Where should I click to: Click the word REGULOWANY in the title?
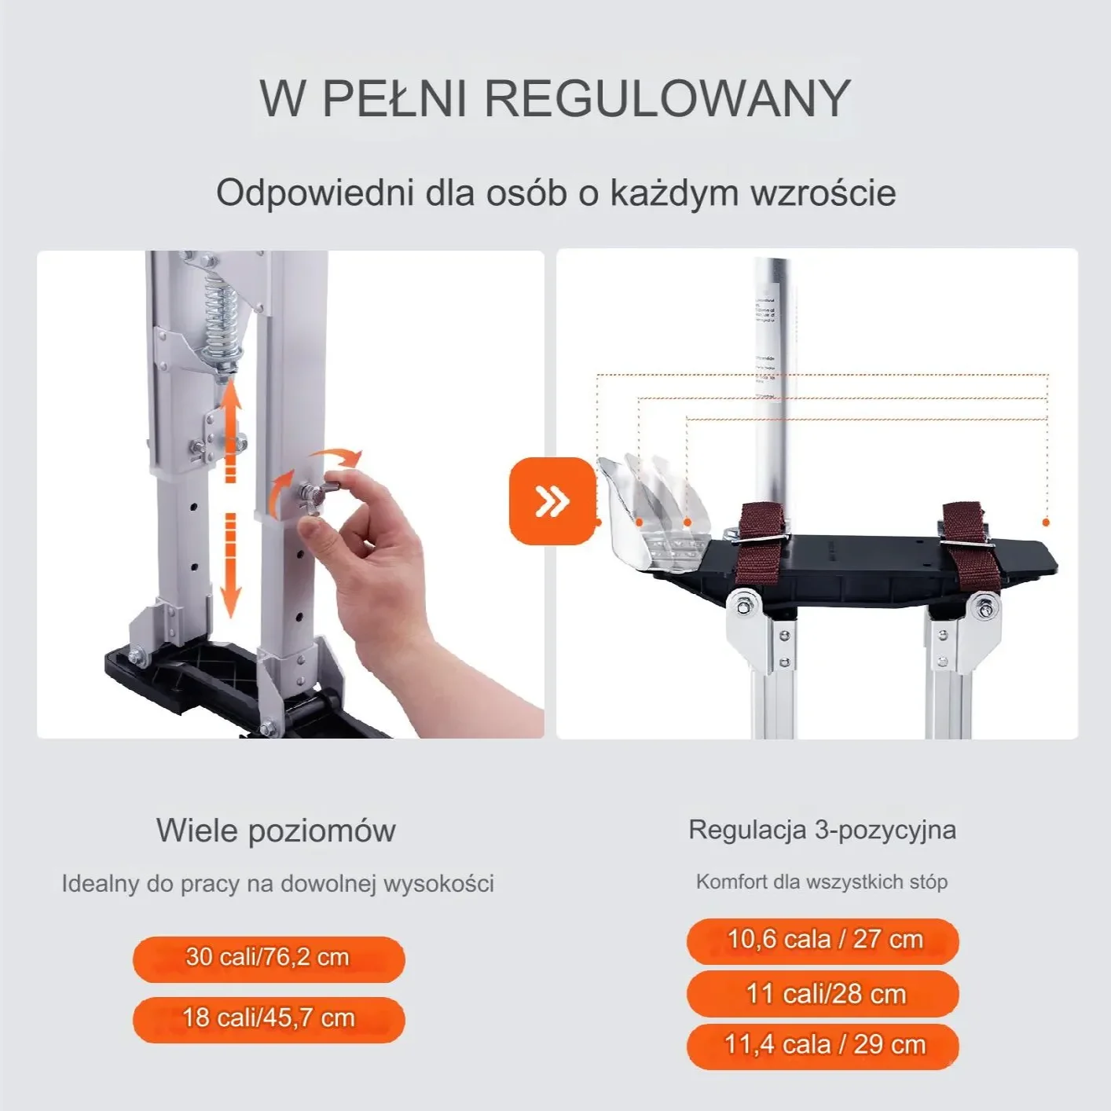[x=667, y=98]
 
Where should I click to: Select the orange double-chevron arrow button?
[x=552, y=500]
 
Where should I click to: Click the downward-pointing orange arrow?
[x=230, y=566]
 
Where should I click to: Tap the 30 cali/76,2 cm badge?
[x=268, y=958]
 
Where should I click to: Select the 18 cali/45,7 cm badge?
[x=268, y=1018]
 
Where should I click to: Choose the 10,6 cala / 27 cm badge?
[x=823, y=940]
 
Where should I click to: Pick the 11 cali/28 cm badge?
[x=823, y=994]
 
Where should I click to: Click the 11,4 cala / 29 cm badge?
[x=823, y=1045]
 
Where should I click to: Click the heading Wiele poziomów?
[x=276, y=830]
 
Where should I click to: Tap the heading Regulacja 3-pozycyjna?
[x=822, y=830]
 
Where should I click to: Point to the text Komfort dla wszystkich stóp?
[x=822, y=882]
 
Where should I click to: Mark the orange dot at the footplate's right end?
[x=1046, y=522]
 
